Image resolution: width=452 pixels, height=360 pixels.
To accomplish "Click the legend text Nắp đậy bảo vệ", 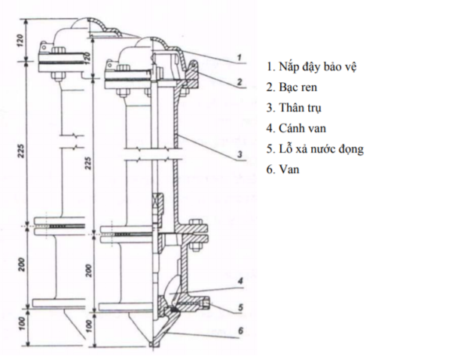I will (316, 67).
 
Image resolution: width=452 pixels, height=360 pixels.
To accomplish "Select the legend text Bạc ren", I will (301, 87).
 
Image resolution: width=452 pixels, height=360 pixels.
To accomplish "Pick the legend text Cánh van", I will (304, 129).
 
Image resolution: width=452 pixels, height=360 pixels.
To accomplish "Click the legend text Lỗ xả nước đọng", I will (321, 149).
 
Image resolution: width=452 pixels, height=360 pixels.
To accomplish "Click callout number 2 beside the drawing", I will (238, 80).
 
